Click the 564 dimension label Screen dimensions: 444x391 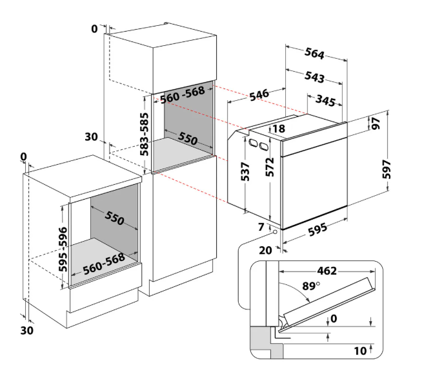314,53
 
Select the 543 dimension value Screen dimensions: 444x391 314,77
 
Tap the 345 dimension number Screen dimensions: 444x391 326,100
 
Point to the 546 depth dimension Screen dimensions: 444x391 259,95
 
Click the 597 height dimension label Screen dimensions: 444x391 387,169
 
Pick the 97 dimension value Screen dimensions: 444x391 376,123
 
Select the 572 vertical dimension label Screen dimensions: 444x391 270,167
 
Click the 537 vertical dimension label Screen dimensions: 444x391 245,171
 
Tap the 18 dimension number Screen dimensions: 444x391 279,129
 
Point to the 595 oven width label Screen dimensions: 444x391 318,229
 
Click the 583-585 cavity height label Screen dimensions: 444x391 144,134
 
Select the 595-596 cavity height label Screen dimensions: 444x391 63,249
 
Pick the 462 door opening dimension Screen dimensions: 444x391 327,271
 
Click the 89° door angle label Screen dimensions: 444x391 311,286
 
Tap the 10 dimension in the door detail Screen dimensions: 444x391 360,351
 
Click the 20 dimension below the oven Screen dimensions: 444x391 265,250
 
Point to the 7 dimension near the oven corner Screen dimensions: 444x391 261,227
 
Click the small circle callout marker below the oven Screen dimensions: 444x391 275,232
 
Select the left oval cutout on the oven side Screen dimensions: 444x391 253,143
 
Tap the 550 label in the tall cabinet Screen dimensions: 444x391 188,138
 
